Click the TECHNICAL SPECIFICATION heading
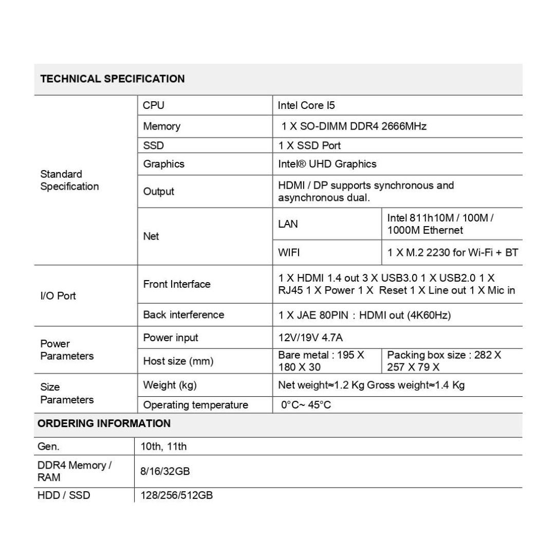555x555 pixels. pyautogui.click(x=113, y=79)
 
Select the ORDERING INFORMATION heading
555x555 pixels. pyautogui.click(x=104, y=424)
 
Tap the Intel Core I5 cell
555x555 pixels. pyautogui.click(x=306, y=106)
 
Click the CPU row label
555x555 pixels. pyautogui.click(x=154, y=106)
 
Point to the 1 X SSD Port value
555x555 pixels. pyautogui.click(x=309, y=145)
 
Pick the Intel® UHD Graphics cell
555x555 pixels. pyautogui.click(x=327, y=164)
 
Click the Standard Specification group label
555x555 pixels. pyautogui.click(x=69, y=180)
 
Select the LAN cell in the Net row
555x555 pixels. pyautogui.click(x=288, y=224)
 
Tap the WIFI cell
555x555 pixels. pyautogui.click(x=289, y=253)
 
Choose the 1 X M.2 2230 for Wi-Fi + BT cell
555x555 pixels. pyautogui.click(x=452, y=253)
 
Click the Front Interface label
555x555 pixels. pyautogui.click(x=177, y=284)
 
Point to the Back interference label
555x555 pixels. pyautogui.click(x=183, y=315)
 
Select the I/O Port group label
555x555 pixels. pyautogui.click(x=58, y=296)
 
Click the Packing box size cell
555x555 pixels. pyautogui.click(x=444, y=361)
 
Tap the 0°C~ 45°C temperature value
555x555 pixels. pyautogui.click(x=306, y=405)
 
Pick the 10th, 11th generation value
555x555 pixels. pyautogui.click(x=163, y=447)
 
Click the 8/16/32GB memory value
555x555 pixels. pyautogui.click(x=165, y=471)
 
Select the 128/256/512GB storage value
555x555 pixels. pyautogui.click(x=176, y=496)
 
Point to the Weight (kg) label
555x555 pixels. pyautogui.click(x=170, y=385)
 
